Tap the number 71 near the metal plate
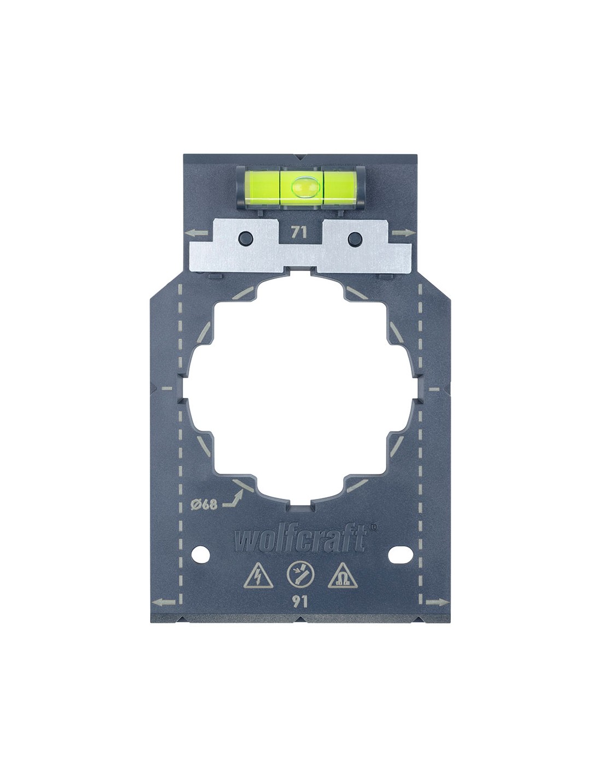point(299,233)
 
